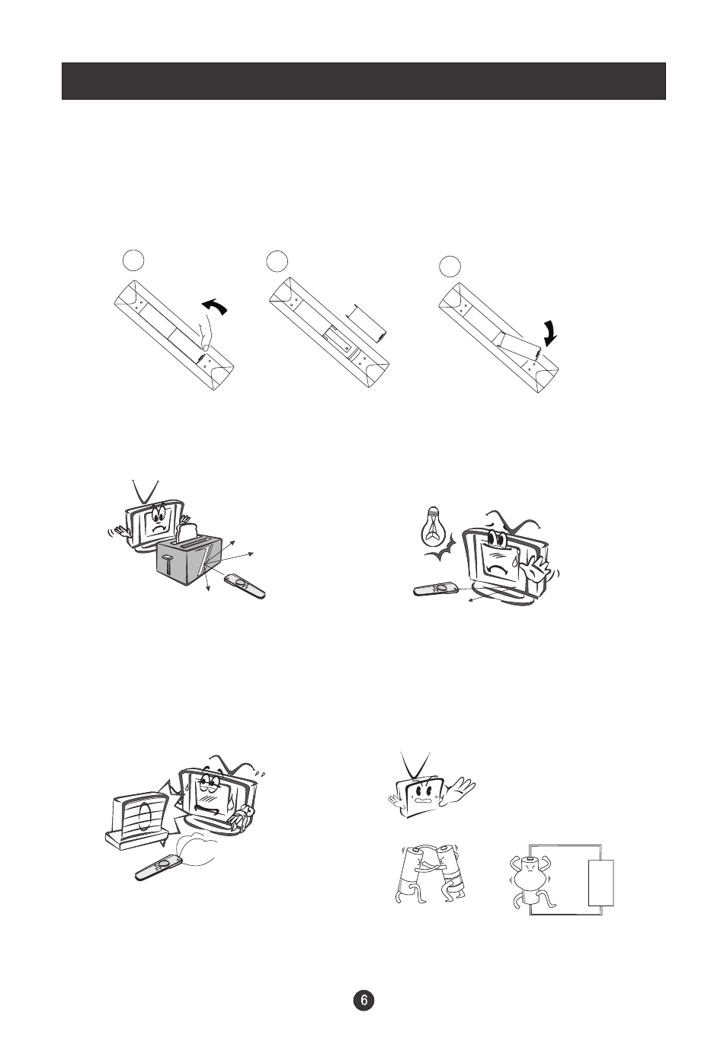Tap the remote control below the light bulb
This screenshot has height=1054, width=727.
[x=436, y=589]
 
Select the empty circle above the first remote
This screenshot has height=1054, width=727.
[x=133, y=260]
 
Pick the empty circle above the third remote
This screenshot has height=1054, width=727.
[x=450, y=266]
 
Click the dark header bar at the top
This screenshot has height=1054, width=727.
[x=363, y=81]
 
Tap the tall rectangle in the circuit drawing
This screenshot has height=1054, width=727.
[x=600, y=882]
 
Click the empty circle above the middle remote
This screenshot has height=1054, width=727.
[x=277, y=261]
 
